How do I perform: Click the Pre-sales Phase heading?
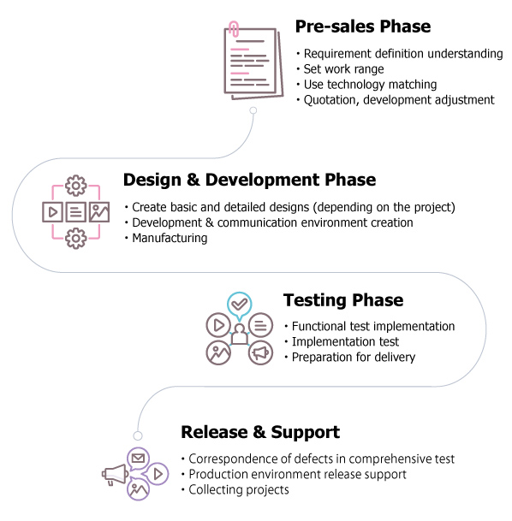click(363, 27)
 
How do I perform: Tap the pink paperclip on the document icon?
click(234, 29)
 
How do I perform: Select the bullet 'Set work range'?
click(343, 69)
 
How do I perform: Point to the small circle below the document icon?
click(253, 110)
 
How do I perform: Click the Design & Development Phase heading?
click(250, 180)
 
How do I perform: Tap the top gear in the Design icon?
click(76, 186)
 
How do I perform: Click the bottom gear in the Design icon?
click(76, 238)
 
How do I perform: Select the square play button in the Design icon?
click(52, 212)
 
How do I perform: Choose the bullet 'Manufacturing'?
click(170, 238)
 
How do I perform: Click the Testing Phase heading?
click(343, 300)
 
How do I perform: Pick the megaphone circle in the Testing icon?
click(260, 352)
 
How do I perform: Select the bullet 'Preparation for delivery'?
click(354, 358)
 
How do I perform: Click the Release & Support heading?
click(260, 432)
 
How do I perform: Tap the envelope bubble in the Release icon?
click(138, 459)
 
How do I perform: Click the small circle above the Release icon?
click(138, 435)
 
